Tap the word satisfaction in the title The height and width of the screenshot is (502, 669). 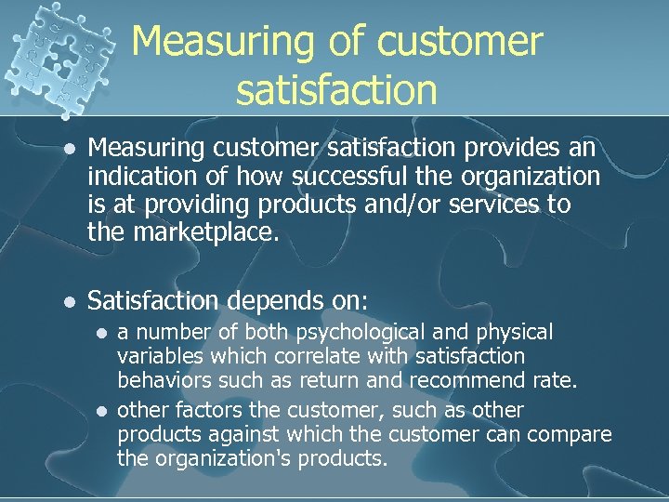(x=336, y=90)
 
